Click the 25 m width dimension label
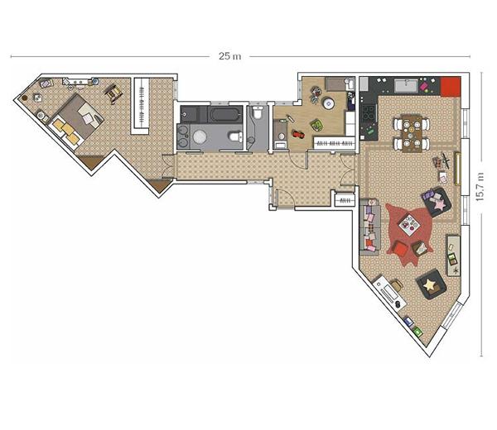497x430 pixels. tap(229, 56)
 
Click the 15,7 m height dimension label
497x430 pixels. tap(480, 187)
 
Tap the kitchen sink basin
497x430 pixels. tap(406, 86)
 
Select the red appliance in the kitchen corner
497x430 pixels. tap(451, 86)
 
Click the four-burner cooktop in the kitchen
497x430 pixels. tap(369, 113)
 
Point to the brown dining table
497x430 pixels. tap(412, 134)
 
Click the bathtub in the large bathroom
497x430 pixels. tap(224, 114)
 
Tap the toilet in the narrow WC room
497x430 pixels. tap(258, 112)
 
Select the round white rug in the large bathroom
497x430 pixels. tap(200, 137)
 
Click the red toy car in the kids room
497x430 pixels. tap(298, 134)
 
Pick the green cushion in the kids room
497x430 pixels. tap(316, 125)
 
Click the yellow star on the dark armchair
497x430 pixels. tap(429, 284)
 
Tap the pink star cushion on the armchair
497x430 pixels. tap(440, 204)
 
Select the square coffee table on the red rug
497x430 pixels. tap(409, 225)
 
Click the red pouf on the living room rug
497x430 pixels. tap(400, 248)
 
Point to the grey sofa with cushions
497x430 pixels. tap(370, 227)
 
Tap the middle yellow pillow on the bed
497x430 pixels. tap(68, 129)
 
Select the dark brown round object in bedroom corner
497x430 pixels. tap(24, 98)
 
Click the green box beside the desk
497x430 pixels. tap(417, 332)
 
